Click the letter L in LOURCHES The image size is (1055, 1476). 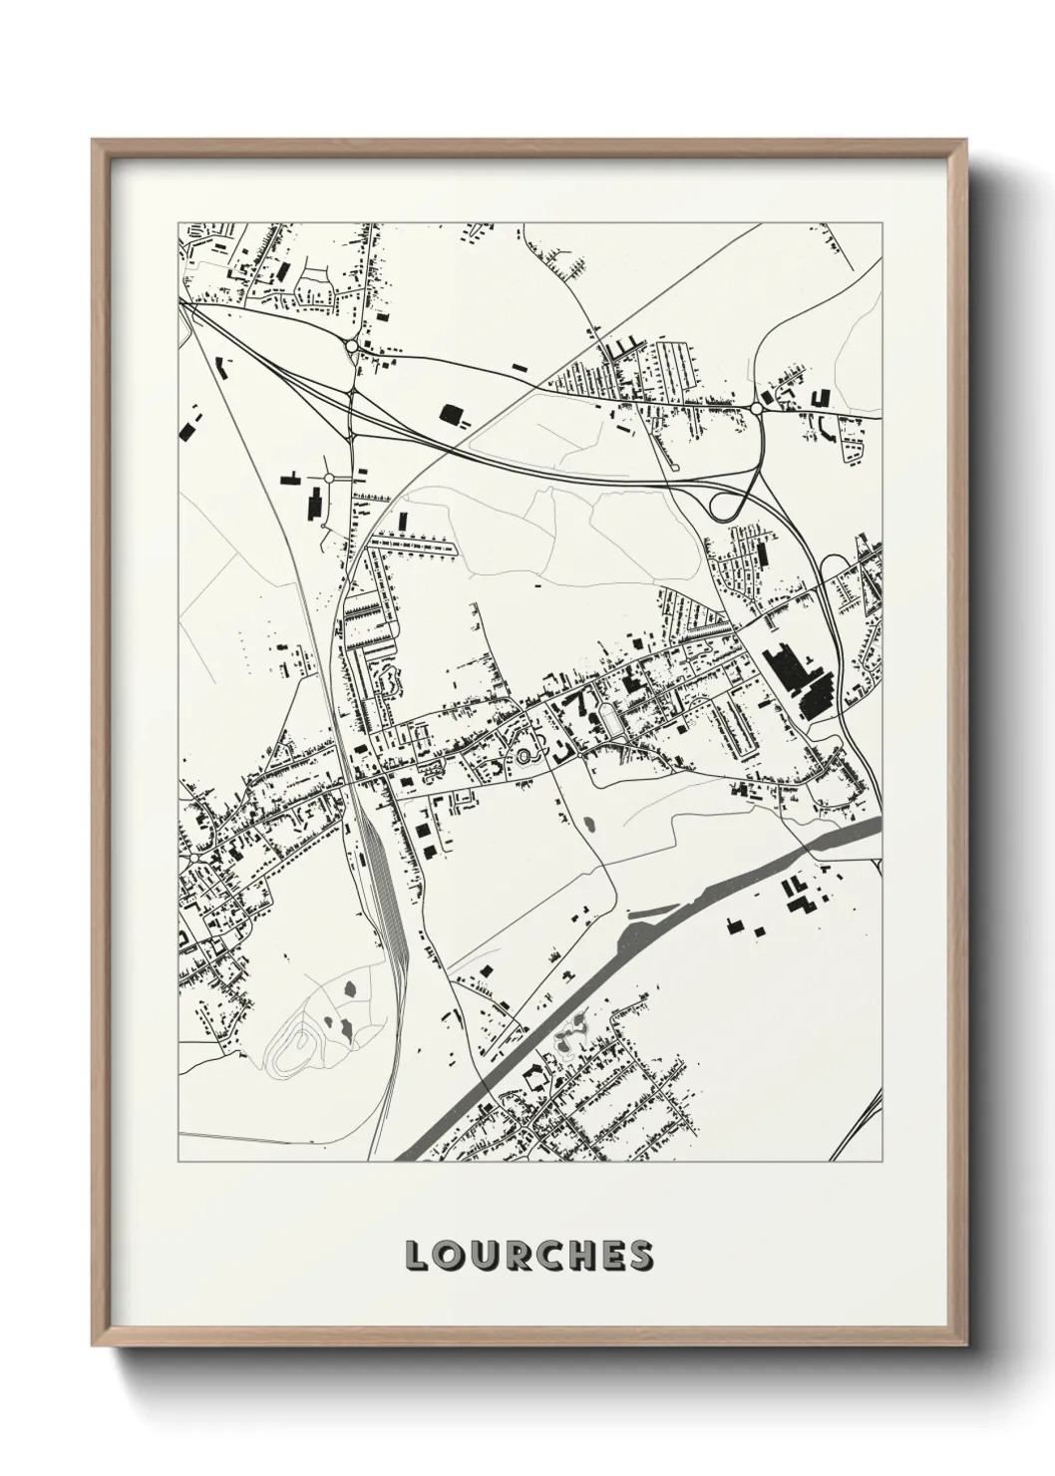416,1256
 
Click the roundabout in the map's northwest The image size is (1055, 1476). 352,346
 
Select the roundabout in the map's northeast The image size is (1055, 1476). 757,408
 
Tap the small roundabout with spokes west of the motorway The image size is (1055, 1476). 328,479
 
